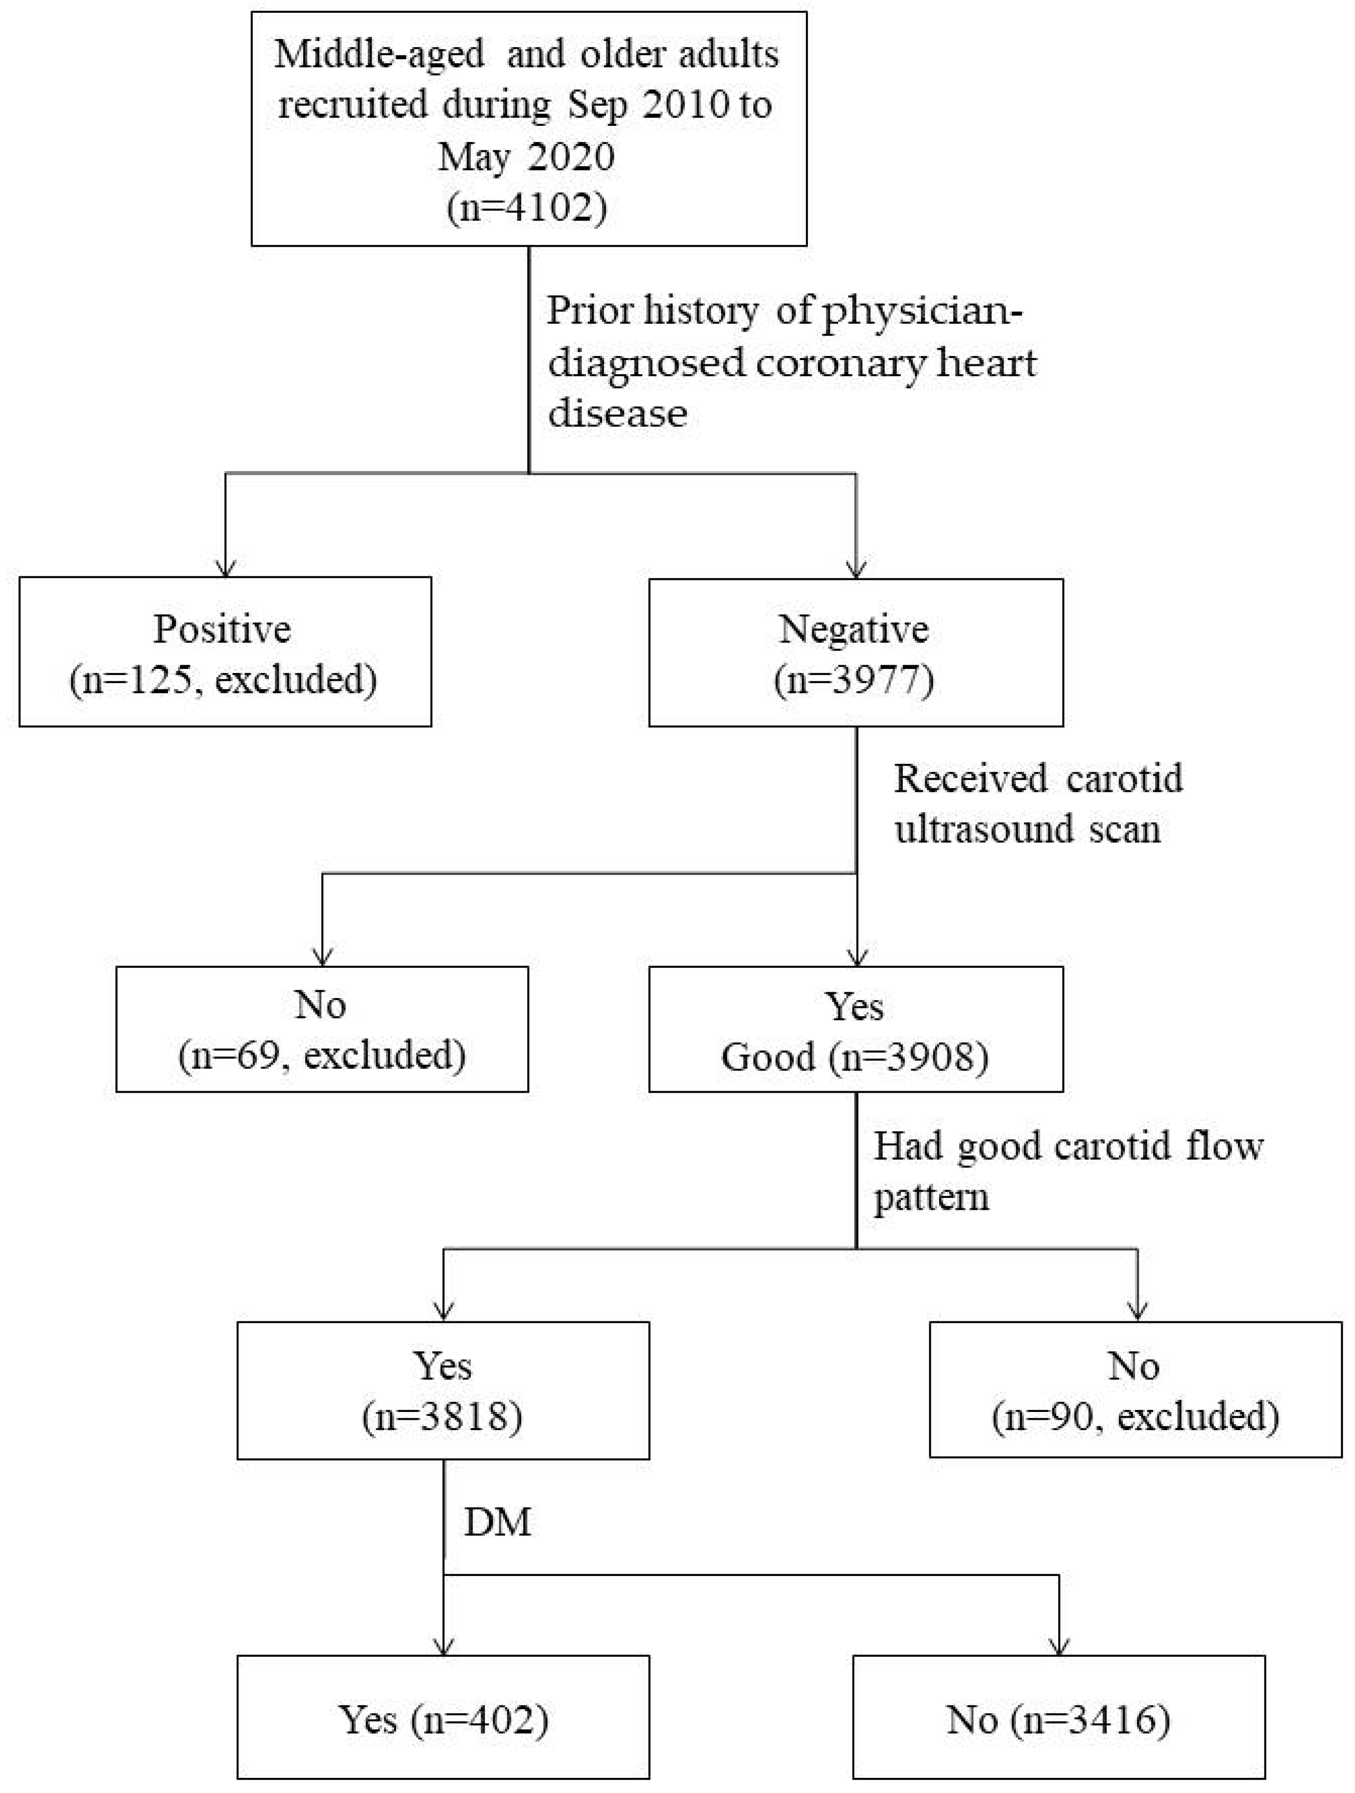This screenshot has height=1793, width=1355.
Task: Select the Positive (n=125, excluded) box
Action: coord(225,652)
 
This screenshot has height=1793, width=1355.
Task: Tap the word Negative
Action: coord(854,629)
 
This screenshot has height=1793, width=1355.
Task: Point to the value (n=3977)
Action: coord(854,679)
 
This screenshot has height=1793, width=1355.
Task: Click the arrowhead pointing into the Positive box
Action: coord(225,568)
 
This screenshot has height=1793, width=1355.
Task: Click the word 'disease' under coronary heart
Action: coord(617,413)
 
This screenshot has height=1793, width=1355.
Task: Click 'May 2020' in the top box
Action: coord(526,156)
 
